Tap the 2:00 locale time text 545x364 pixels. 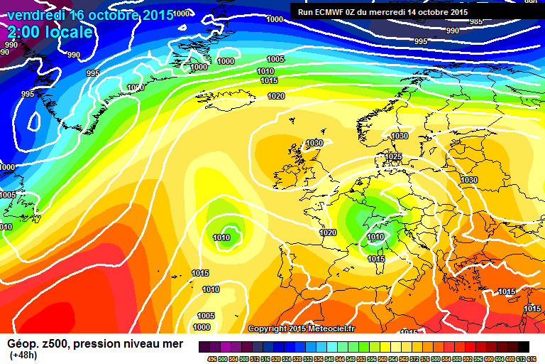pyautogui.click(x=50, y=33)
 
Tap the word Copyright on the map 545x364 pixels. pyautogui.click(x=267, y=328)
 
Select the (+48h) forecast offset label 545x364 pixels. pyautogui.click(x=24, y=355)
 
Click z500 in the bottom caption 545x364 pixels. pyautogui.click(x=55, y=343)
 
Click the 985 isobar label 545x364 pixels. pyautogui.click(x=476, y=21)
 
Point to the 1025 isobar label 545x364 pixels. pyautogui.click(x=393, y=156)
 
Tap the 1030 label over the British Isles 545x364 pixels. pyautogui.click(x=314, y=143)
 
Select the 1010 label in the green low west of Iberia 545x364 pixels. pyautogui.click(x=221, y=237)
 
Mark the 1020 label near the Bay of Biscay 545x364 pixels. pyautogui.click(x=327, y=232)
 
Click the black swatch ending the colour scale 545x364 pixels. pyautogui.click(x=523, y=346)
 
